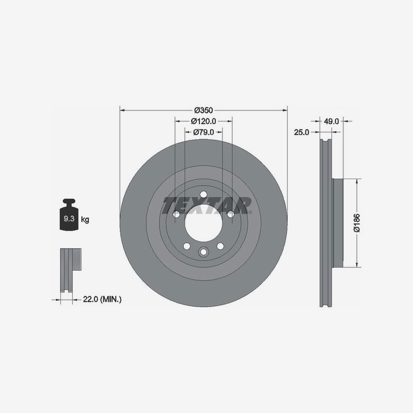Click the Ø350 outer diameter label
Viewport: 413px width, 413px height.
203,110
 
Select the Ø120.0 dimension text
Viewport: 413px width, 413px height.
203,121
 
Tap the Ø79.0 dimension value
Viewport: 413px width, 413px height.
203,132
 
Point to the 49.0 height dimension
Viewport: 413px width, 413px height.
331,121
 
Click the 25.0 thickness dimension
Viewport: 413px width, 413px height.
301,132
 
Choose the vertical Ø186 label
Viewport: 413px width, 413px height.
356,223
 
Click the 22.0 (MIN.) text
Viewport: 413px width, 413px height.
102,299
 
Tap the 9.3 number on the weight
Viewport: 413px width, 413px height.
69,218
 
